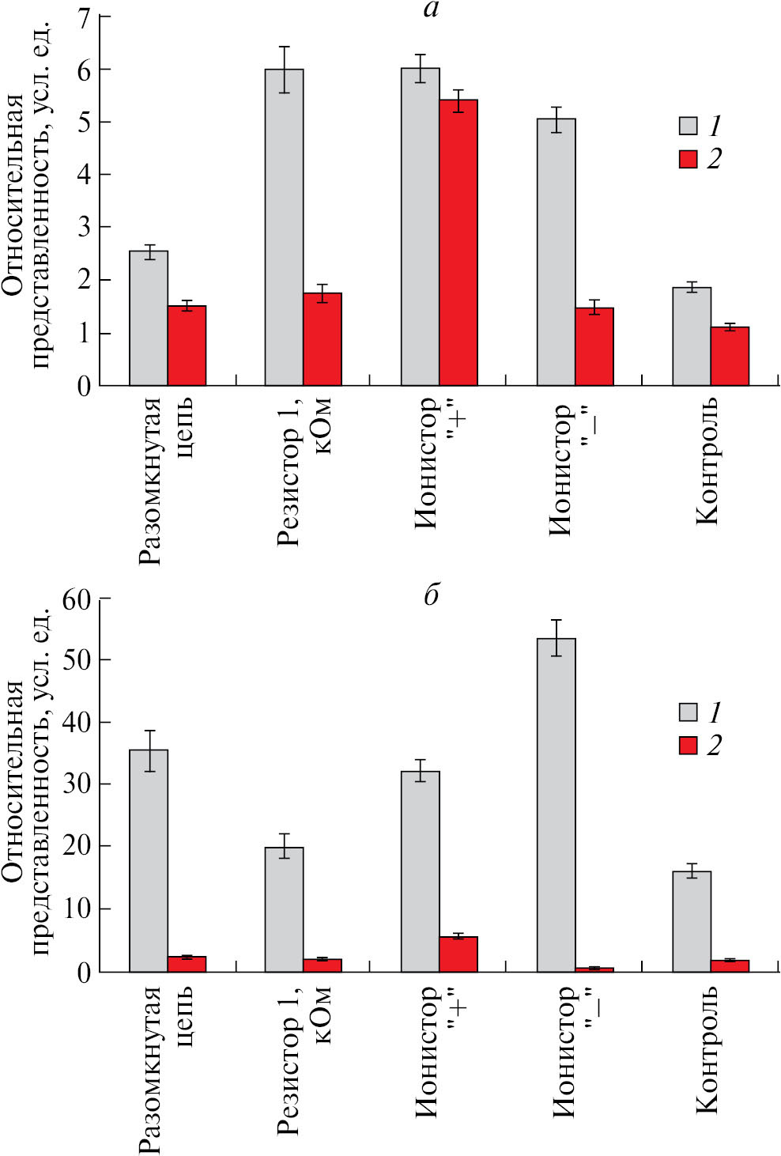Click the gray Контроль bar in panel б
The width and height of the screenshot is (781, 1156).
692,921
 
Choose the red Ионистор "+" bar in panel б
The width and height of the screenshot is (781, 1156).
458,954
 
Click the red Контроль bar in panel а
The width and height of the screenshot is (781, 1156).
730,357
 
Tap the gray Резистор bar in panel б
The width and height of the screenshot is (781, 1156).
284,909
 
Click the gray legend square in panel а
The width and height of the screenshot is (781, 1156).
689,126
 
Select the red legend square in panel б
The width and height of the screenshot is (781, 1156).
689,745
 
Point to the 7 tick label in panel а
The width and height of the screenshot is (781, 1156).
84,17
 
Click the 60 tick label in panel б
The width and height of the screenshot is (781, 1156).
78,599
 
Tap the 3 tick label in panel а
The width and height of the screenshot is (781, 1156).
84,228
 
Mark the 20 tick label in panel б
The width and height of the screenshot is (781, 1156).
78,847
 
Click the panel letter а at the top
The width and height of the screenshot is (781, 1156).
431,9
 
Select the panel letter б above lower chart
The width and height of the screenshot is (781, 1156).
431,595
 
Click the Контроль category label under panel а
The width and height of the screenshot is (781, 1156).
706,463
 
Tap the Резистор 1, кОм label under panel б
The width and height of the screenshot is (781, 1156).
304,1060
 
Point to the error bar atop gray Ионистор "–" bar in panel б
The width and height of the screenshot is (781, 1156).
556,637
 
